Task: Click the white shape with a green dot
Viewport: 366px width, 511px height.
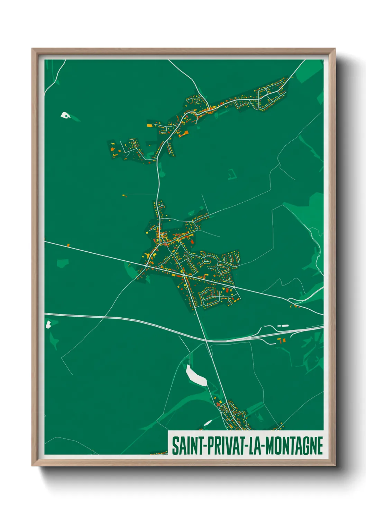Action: click(65, 115)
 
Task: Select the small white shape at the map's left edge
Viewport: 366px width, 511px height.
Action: click(48, 324)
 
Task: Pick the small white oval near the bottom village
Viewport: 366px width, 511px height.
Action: click(208, 423)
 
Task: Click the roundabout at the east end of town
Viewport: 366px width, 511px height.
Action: click(234, 287)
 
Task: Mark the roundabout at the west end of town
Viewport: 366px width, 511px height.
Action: click(146, 266)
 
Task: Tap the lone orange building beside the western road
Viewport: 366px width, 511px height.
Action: click(68, 245)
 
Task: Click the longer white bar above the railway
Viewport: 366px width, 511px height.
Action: click(285, 326)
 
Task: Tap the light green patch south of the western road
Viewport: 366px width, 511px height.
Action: click(62, 263)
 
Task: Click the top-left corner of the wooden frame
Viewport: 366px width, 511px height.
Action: click(32, 49)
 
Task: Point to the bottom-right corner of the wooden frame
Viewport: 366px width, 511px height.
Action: click(335, 465)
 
